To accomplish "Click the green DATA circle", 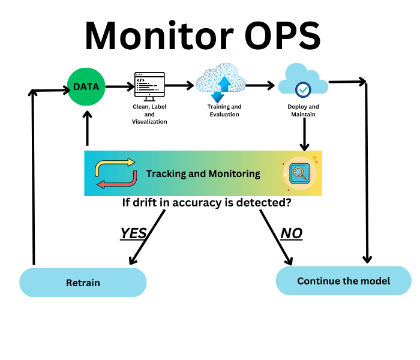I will tap(86, 86).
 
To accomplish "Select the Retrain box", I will tap(83, 283).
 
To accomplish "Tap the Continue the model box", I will tap(343, 281).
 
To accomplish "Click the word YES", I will tap(133, 233).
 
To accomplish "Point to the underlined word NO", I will tap(292, 233).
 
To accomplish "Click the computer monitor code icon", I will tap(149, 86).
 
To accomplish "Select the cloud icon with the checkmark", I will tap(303, 81).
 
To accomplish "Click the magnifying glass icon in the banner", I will tap(299, 173).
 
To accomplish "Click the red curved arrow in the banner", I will tap(116, 181).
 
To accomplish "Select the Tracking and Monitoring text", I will tap(203, 174).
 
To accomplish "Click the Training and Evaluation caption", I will tap(224, 110).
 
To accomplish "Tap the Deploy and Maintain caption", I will tap(303, 110).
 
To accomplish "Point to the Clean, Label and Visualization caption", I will tap(149, 114).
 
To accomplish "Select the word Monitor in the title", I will tap(159, 36).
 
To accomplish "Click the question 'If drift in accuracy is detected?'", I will tap(207, 203).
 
